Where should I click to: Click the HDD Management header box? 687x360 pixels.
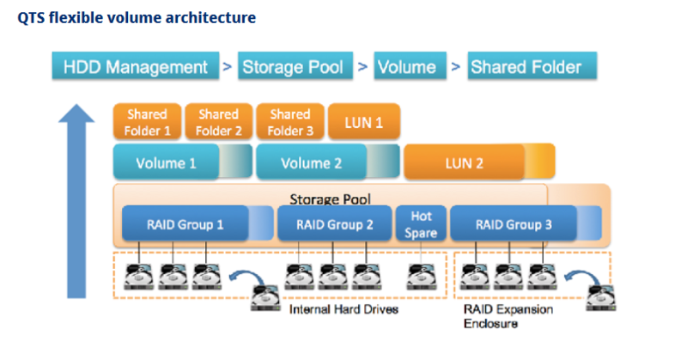click(x=136, y=66)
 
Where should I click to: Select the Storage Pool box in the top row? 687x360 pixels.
click(x=295, y=66)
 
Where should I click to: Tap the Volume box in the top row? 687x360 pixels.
click(x=410, y=66)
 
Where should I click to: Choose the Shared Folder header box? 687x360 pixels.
click(x=532, y=66)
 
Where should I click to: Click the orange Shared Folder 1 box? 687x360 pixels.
click(x=147, y=121)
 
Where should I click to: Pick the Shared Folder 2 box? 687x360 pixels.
click(x=219, y=121)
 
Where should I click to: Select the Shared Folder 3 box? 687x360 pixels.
click(x=290, y=121)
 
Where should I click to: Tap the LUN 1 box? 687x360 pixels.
click(x=364, y=121)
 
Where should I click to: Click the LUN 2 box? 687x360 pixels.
click(x=479, y=162)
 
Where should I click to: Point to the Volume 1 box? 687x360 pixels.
click(x=183, y=162)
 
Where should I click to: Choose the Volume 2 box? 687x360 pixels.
click(x=328, y=162)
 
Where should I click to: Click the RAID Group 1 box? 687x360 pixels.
click(x=198, y=223)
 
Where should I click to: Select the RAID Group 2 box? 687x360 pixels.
click(x=335, y=223)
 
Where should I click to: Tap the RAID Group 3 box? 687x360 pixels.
click(x=526, y=223)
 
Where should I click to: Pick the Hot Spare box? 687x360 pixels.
click(x=421, y=223)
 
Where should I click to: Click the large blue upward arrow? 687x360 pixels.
click(x=76, y=201)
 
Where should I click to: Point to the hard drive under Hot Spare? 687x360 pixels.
click(x=422, y=277)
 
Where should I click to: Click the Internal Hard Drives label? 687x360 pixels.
click(x=343, y=309)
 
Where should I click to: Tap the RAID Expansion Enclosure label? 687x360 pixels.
click(x=508, y=316)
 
